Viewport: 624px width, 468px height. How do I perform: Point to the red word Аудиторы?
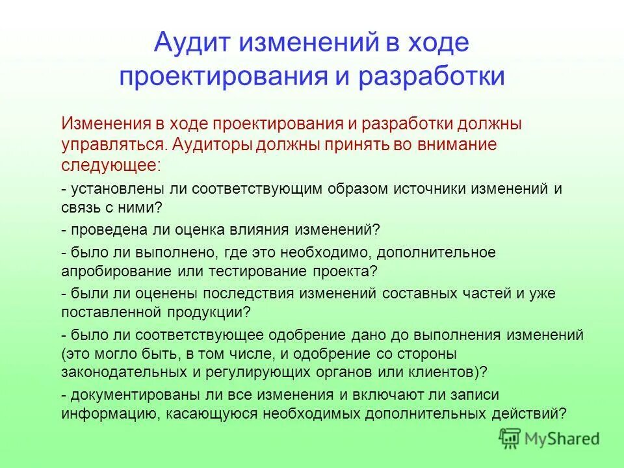[x=206, y=144]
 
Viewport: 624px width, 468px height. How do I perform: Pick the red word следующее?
[x=109, y=164]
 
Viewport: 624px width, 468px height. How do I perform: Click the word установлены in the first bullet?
[x=110, y=189]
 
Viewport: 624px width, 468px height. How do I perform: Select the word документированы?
[x=124, y=395]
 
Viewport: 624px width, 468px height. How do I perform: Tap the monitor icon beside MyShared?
[x=510, y=438]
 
